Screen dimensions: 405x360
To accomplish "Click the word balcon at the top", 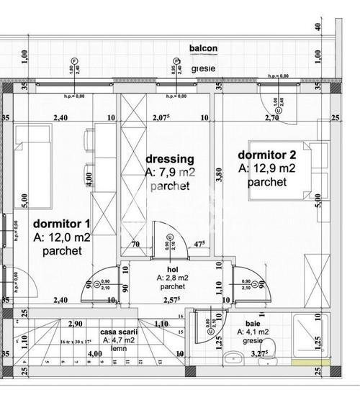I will [203, 48].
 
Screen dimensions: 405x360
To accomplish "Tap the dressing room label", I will [170, 160].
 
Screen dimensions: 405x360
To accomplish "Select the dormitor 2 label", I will [266, 154].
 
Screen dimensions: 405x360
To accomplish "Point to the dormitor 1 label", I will [62, 223].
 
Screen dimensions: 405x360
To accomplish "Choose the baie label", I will [251, 323].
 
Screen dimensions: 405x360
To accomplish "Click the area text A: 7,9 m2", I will [170, 173].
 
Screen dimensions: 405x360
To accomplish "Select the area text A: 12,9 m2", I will [266, 168].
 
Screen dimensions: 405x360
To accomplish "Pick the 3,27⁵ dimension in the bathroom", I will [259, 353].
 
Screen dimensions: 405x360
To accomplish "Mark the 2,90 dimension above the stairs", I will [76, 324].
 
